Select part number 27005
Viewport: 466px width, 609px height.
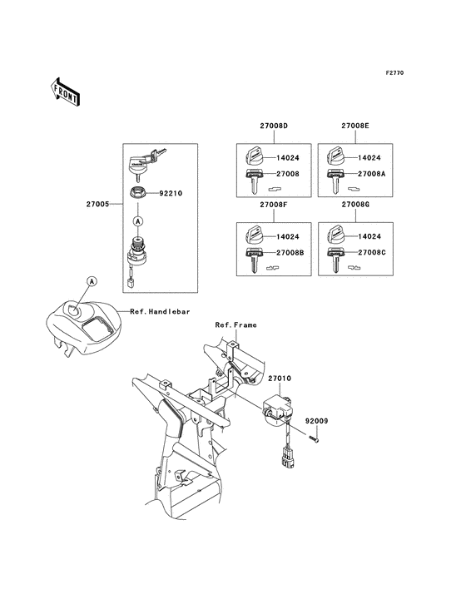[97, 202]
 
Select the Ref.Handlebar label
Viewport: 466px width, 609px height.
[160, 312]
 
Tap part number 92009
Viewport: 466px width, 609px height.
[315, 421]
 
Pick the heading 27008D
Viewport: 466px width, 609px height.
[250, 126]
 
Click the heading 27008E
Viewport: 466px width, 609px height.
[354, 126]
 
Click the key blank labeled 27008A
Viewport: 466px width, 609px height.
[335, 176]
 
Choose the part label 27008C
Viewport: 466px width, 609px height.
[371, 251]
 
